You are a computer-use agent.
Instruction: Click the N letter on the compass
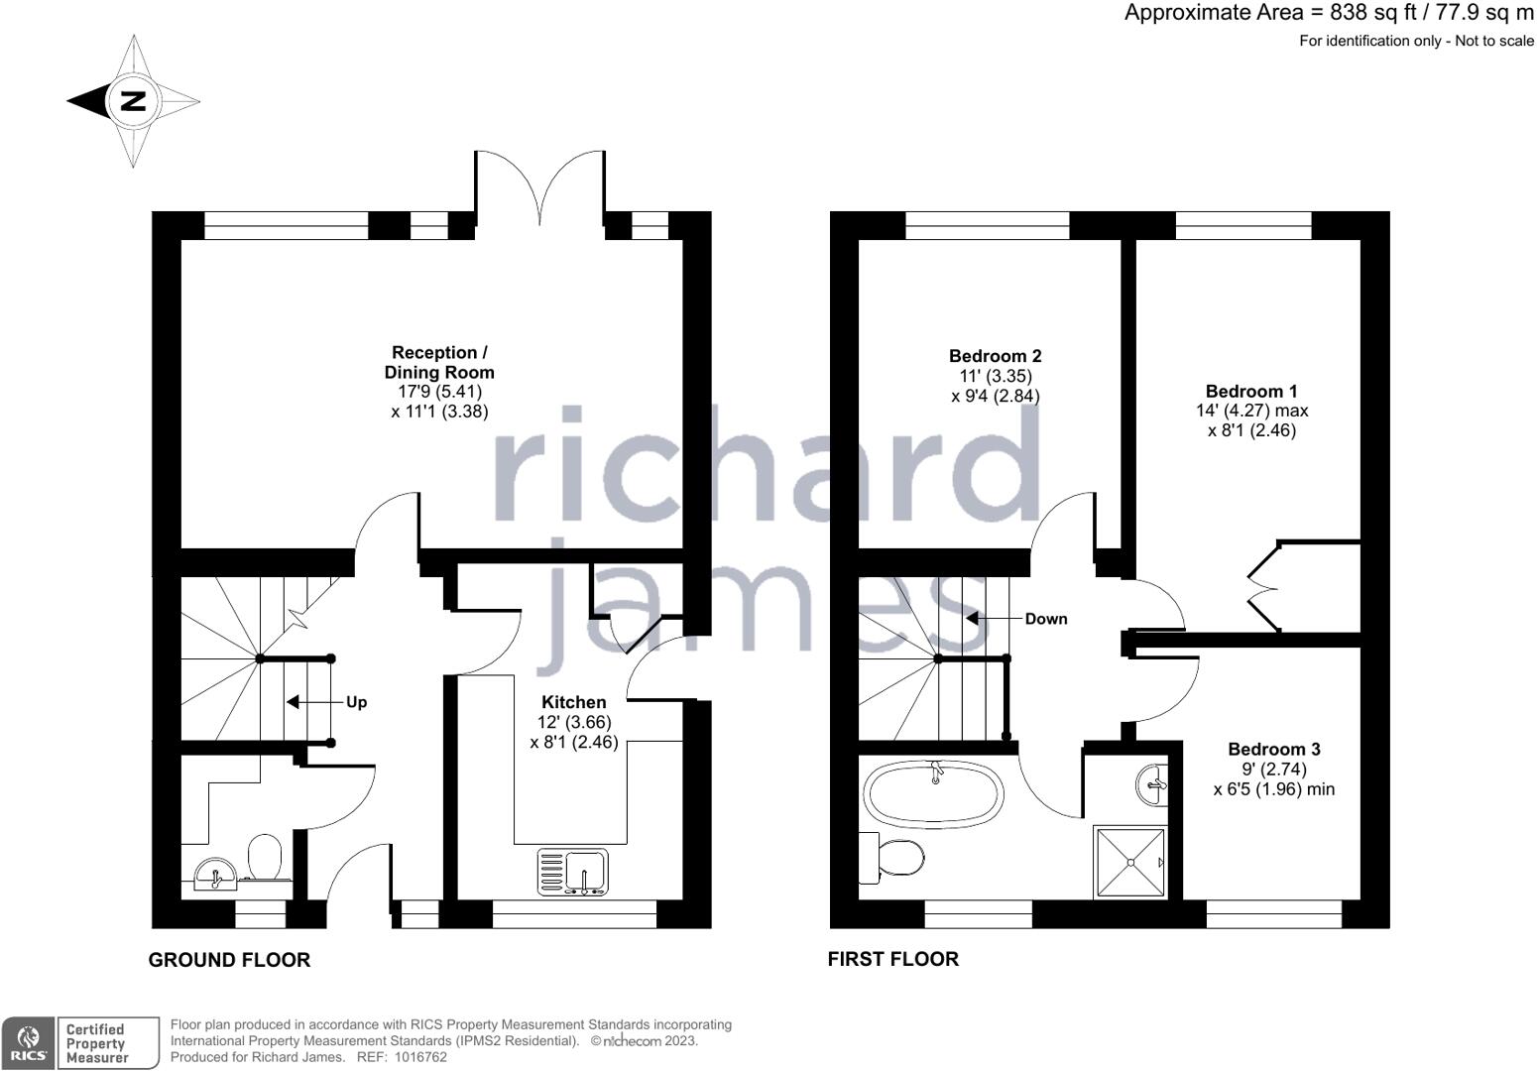click(x=134, y=101)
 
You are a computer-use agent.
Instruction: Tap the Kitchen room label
click(x=573, y=702)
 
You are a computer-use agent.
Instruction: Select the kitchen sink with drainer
click(x=573, y=872)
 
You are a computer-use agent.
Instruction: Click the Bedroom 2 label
click(x=995, y=356)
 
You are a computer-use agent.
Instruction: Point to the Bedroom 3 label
click(x=1273, y=750)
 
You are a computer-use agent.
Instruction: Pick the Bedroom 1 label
click(x=1251, y=391)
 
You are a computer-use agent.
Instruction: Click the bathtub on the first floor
click(x=933, y=791)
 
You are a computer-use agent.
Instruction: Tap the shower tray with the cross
click(x=1129, y=862)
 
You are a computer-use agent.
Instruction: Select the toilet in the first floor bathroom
click(x=892, y=858)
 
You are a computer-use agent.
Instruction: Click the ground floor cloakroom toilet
click(x=265, y=857)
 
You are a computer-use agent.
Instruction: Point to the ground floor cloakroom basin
click(x=215, y=874)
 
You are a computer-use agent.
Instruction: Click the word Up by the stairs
click(x=356, y=702)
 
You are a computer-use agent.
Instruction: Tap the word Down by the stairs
click(x=1046, y=619)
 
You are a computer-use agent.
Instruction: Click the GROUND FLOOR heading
click(x=229, y=960)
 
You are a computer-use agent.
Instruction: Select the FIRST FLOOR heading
click(x=892, y=959)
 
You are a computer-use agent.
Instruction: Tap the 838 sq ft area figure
click(x=1366, y=12)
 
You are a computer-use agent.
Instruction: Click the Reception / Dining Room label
click(x=439, y=362)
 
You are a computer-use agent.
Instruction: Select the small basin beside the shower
click(x=1153, y=784)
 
